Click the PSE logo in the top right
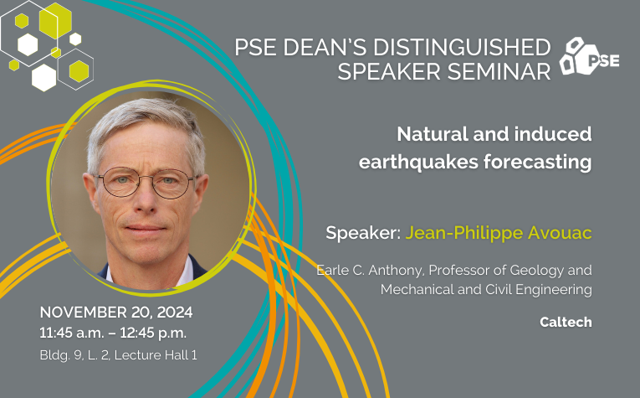point(589,56)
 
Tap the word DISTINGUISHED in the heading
point(462,47)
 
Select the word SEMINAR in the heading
point(499,71)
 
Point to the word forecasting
point(538,163)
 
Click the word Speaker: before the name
point(363,233)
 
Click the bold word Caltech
point(566,322)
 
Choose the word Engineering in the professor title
point(554,290)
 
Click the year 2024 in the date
point(175,313)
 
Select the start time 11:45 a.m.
point(72,333)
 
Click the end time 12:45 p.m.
point(153,333)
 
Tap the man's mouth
point(146,228)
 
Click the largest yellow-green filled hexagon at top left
point(55,20)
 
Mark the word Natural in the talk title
point(433,134)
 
